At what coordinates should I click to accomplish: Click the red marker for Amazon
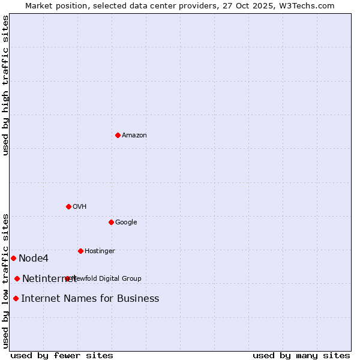click(118, 135)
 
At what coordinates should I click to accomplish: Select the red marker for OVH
click(68, 206)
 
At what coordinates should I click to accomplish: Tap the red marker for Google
click(111, 222)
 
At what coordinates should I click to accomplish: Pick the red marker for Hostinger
click(80, 251)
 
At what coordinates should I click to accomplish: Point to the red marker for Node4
click(13, 258)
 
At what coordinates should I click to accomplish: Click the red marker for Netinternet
click(17, 278)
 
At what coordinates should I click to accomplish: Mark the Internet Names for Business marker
click(16, 298)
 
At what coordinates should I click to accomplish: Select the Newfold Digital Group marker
click(67, 278)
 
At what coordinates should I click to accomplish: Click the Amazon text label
click(134, 136)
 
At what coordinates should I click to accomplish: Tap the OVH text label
click(80, 207)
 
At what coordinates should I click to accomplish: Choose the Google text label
click(126, 223)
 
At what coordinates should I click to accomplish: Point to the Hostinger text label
click(100, 251)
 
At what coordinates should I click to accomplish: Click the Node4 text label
click(34, 259)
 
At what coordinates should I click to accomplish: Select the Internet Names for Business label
click(90, 299)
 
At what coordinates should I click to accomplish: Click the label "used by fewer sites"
click(62, 355)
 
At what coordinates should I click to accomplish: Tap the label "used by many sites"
click(301, 355)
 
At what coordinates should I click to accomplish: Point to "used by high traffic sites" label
click(5, 85)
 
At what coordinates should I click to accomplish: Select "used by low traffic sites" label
click(5, 281)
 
